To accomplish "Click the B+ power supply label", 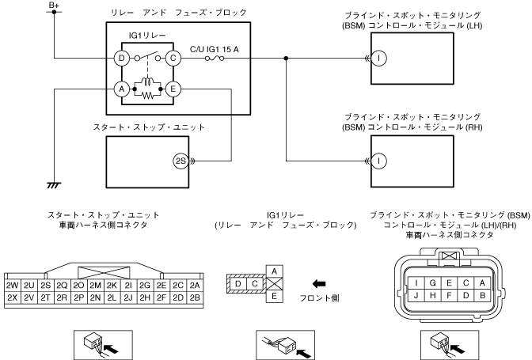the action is coord(54,5).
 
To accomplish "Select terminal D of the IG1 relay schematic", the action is coord(121,59).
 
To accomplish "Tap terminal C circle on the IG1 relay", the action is coord(173,59).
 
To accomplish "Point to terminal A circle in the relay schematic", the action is coord(121,89).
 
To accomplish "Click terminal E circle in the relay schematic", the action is coord(173,89).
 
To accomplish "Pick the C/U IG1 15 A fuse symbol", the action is coord(215,59).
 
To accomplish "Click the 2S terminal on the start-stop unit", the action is coord(180,161).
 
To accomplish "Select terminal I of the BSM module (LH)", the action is coord(378,59).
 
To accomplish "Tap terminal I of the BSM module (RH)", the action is coord(378,161).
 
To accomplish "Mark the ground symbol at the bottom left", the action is coord(54,185).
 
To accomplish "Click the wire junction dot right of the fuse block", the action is coord(286,59).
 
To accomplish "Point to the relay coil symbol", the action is coord(147,81).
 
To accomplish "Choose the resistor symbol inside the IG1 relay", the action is coord(147,96).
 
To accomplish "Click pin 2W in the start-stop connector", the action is coord(12,286).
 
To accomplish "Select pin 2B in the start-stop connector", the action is coord(195,297).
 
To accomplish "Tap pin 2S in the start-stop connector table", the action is coord(45,286).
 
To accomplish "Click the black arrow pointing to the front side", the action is coord(318,284).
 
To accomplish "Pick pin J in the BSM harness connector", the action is coord(416,295).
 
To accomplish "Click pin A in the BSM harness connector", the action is coord(482,283).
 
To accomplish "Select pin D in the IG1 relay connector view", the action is coord(238,284).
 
